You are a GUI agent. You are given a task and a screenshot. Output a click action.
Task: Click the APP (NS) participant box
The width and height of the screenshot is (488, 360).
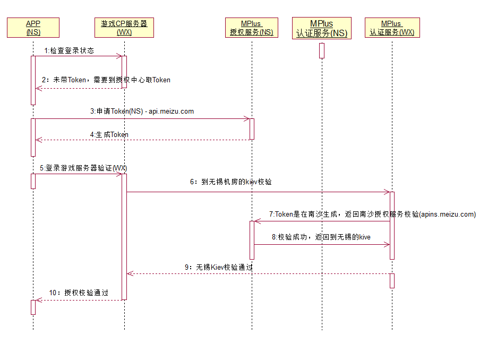33,28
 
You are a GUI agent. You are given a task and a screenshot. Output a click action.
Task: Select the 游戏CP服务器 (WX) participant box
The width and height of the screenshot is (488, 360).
124,28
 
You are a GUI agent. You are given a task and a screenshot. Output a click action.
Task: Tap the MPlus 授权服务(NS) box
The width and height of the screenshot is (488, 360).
251,28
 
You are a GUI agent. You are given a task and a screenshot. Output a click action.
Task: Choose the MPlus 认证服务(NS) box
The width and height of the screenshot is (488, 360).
321,28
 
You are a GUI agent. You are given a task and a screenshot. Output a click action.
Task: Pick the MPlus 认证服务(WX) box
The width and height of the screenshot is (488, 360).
392,28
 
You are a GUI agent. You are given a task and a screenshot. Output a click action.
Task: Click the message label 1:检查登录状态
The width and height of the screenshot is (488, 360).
69,51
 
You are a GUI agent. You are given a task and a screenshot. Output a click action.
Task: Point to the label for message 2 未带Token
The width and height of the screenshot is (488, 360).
106,80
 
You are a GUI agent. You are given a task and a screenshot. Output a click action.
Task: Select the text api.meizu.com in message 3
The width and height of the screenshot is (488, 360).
172,112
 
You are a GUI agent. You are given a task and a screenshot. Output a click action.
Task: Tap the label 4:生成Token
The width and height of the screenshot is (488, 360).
109,135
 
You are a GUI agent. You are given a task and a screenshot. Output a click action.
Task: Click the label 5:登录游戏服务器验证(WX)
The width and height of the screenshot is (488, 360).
83,168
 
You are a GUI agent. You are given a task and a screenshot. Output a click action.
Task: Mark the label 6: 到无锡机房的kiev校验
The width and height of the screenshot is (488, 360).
231,182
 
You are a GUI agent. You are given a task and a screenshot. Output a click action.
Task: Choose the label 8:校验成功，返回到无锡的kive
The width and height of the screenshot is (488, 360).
321,237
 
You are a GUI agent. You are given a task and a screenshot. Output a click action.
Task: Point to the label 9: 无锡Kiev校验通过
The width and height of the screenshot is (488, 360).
218,267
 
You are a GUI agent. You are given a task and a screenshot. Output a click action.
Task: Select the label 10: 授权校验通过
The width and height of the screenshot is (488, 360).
79,293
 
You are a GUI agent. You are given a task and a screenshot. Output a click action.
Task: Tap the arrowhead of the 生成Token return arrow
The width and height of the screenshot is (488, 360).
38,140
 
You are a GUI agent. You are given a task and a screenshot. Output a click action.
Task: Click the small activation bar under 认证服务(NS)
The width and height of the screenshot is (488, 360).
321,50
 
